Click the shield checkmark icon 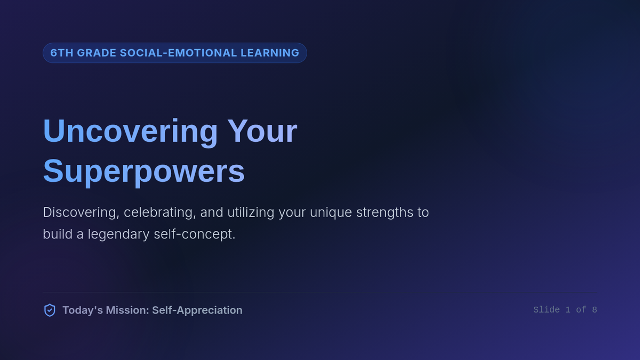(50, 310)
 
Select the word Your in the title (262, 131)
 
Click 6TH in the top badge (62, 53)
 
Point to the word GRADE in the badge (97, 53)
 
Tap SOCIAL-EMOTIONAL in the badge (179, 53)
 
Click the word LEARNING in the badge (270, 53)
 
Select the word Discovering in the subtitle (81, 213)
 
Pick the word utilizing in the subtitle (251, 213)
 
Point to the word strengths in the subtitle (385, 213)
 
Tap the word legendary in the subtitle (118, 235)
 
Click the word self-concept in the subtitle (195, 234)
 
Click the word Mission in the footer (127, 310)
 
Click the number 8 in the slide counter (595, 310)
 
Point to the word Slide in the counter (547, 310)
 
